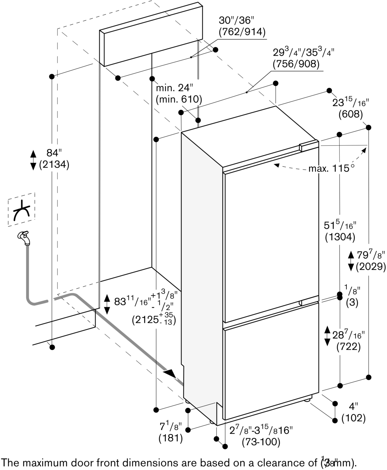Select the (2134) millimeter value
tap(54, 165)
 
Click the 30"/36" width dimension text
tap(237, 20)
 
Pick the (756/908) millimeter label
tap(296, 64)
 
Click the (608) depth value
tap(350, 114)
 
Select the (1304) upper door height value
tap(340, 237)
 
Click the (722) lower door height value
tap(348, 347)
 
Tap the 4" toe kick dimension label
tap(353, 406)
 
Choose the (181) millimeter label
tap(171, 438)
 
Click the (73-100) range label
tap(261, 442)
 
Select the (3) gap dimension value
tap(352, 302)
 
